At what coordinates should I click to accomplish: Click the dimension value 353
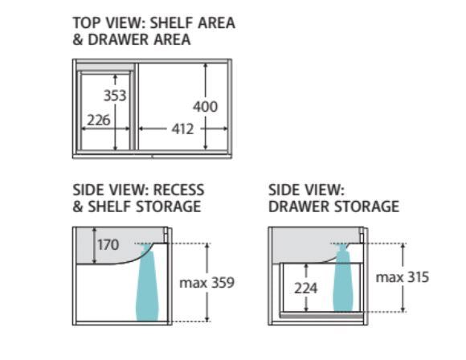coord(115,96)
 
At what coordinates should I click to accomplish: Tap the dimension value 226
coord(98,121)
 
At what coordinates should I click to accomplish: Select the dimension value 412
coord(182,129)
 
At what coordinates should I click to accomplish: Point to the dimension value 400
coord(205,107)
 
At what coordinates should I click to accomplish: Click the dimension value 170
coord(108,245)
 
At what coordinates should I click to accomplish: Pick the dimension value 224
coord(306,288)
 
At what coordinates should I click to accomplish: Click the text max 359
coord(206,282)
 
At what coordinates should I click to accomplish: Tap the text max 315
coord(403,277)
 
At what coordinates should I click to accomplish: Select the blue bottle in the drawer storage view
coord(343,278)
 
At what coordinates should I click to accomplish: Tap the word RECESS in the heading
coord(178,190)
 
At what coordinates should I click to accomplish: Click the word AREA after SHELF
coord(216,22)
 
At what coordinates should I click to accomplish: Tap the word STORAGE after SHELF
coord(169,207)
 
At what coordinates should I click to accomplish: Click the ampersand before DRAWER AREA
coord(78,39)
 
